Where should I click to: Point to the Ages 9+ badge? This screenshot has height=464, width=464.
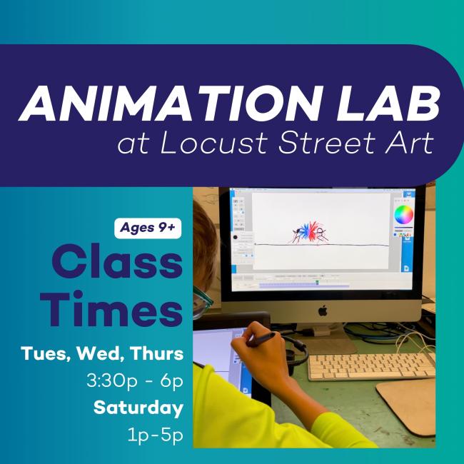tap(148, 228)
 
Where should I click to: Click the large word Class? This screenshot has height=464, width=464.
tap(117, 261)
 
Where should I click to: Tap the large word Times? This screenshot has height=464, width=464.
tap(111, 308)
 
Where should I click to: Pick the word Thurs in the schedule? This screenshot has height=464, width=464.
tap(157, 353)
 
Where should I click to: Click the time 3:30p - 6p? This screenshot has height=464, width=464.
tap(135, 380)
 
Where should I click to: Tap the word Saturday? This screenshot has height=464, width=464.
tap(138, 408)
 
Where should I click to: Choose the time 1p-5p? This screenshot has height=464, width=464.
tap(155, 435)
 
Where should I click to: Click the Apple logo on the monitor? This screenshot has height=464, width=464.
tap(323, 310)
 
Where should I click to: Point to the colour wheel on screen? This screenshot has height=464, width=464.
tap(403, 215)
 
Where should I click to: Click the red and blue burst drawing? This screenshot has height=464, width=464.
tap(309, 232)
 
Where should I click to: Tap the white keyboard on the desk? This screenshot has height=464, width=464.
tap(371, 367)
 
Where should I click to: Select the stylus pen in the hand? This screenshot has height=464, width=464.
tap(261, 339)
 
